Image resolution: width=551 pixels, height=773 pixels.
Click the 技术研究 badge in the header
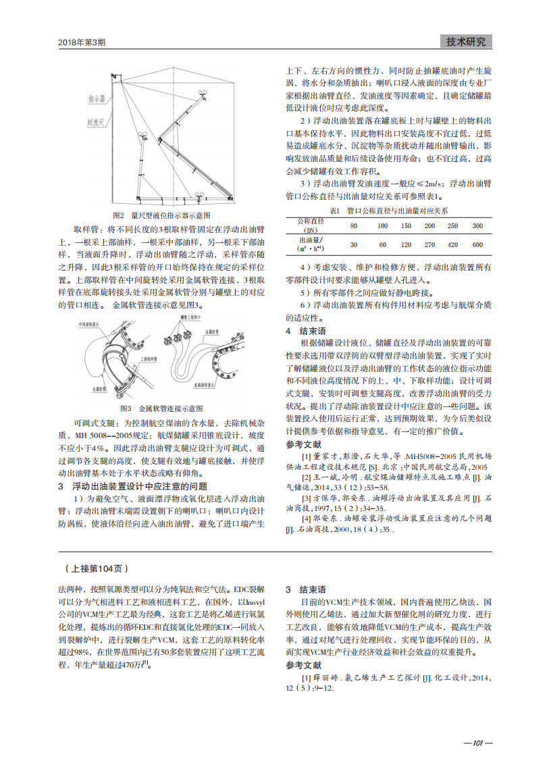point(466,42)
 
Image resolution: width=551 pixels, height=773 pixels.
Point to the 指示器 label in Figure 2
point(97,99)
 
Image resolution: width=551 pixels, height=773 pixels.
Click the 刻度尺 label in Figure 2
point(96,124)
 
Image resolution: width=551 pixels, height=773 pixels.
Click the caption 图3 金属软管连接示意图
point(161,409)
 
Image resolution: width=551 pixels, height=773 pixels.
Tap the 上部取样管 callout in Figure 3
point(147,359)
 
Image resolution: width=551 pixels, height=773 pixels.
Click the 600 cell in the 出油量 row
point(477,244)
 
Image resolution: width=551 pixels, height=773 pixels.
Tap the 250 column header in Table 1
point(453,225)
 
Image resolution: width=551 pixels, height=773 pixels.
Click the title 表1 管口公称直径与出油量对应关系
point(388,211)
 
